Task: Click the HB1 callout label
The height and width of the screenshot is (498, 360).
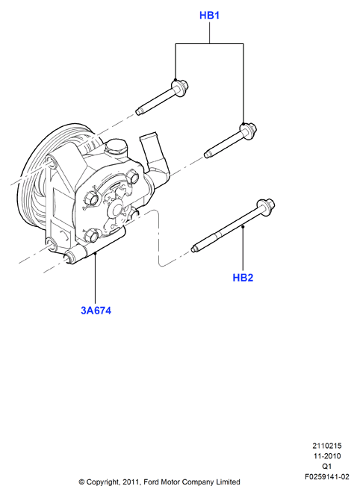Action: pyautogui.click(x=209, y=15)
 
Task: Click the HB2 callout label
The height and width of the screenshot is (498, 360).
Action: pyautogui.click(x=243, y=278)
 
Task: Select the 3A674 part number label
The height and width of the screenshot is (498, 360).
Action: pyautogui.click(x=96, y=311)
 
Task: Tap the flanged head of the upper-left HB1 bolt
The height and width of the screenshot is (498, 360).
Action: pyautogui.click(x=180, y=87)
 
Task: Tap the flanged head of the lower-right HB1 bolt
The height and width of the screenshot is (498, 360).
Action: pyautogui.click(x=248, y=131)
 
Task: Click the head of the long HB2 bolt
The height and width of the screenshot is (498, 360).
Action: pyautogui.click(x=266, y=206)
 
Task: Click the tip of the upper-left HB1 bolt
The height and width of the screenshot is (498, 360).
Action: pyautogui.click(x=138, y=111)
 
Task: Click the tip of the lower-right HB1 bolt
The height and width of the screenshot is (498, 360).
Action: pyautogui.click(x=207, y=155)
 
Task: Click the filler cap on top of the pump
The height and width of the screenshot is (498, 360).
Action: pyautogui.click(x=115, y=146)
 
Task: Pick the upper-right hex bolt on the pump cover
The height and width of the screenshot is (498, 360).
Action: pyautogui.click(x=132, y=177)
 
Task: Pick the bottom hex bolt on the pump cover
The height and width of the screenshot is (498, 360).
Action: pyautogui.click(x=91, y=235)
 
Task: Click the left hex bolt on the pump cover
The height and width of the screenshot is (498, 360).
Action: pyautogui.click(x=92, y=199)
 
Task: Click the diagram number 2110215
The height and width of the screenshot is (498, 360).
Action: pyautogui.click(x=327, y=446)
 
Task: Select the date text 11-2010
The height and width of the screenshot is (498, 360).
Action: pyautogui.click(x=327, y=456)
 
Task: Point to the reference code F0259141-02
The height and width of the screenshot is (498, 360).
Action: pyautogui.click(x=327, y=476)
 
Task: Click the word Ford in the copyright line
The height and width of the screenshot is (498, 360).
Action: pyautogui.click(x=151, y=482)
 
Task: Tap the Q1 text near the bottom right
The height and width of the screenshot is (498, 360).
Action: pyautogui.click(x=327, y=466)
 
